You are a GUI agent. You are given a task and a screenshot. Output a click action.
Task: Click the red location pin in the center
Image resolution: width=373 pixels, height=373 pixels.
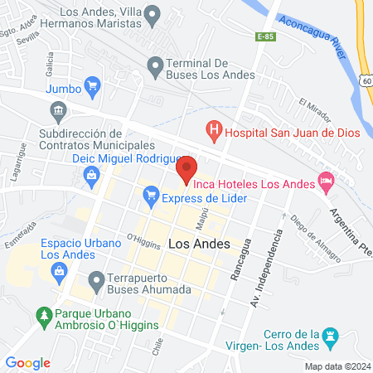186,168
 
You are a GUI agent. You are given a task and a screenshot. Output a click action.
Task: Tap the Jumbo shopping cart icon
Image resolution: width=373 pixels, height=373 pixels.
93,84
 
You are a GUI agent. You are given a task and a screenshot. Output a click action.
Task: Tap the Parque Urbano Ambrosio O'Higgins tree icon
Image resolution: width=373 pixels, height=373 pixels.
43,316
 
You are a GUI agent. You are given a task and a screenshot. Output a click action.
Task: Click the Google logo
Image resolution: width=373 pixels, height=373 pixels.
28,362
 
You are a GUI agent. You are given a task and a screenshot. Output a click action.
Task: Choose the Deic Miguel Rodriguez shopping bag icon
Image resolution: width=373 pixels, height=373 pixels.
90,173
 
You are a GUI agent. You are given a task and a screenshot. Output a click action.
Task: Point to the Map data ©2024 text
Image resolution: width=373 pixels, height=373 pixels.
337,366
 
